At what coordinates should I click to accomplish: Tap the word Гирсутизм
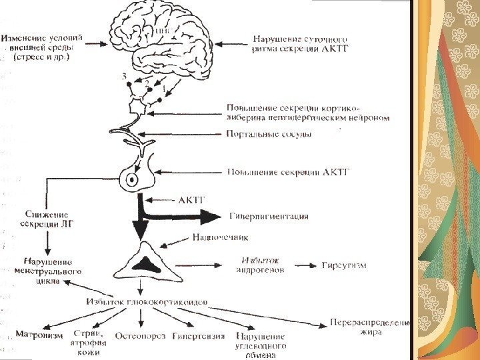(x=344, y=265)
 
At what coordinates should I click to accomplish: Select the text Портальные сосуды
(x=269, y=133)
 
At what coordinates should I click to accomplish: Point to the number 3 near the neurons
(x=123, y=77)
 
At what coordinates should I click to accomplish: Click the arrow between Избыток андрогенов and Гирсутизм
(x=304, y=266)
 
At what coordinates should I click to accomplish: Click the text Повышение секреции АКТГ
(x=289, y=173)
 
